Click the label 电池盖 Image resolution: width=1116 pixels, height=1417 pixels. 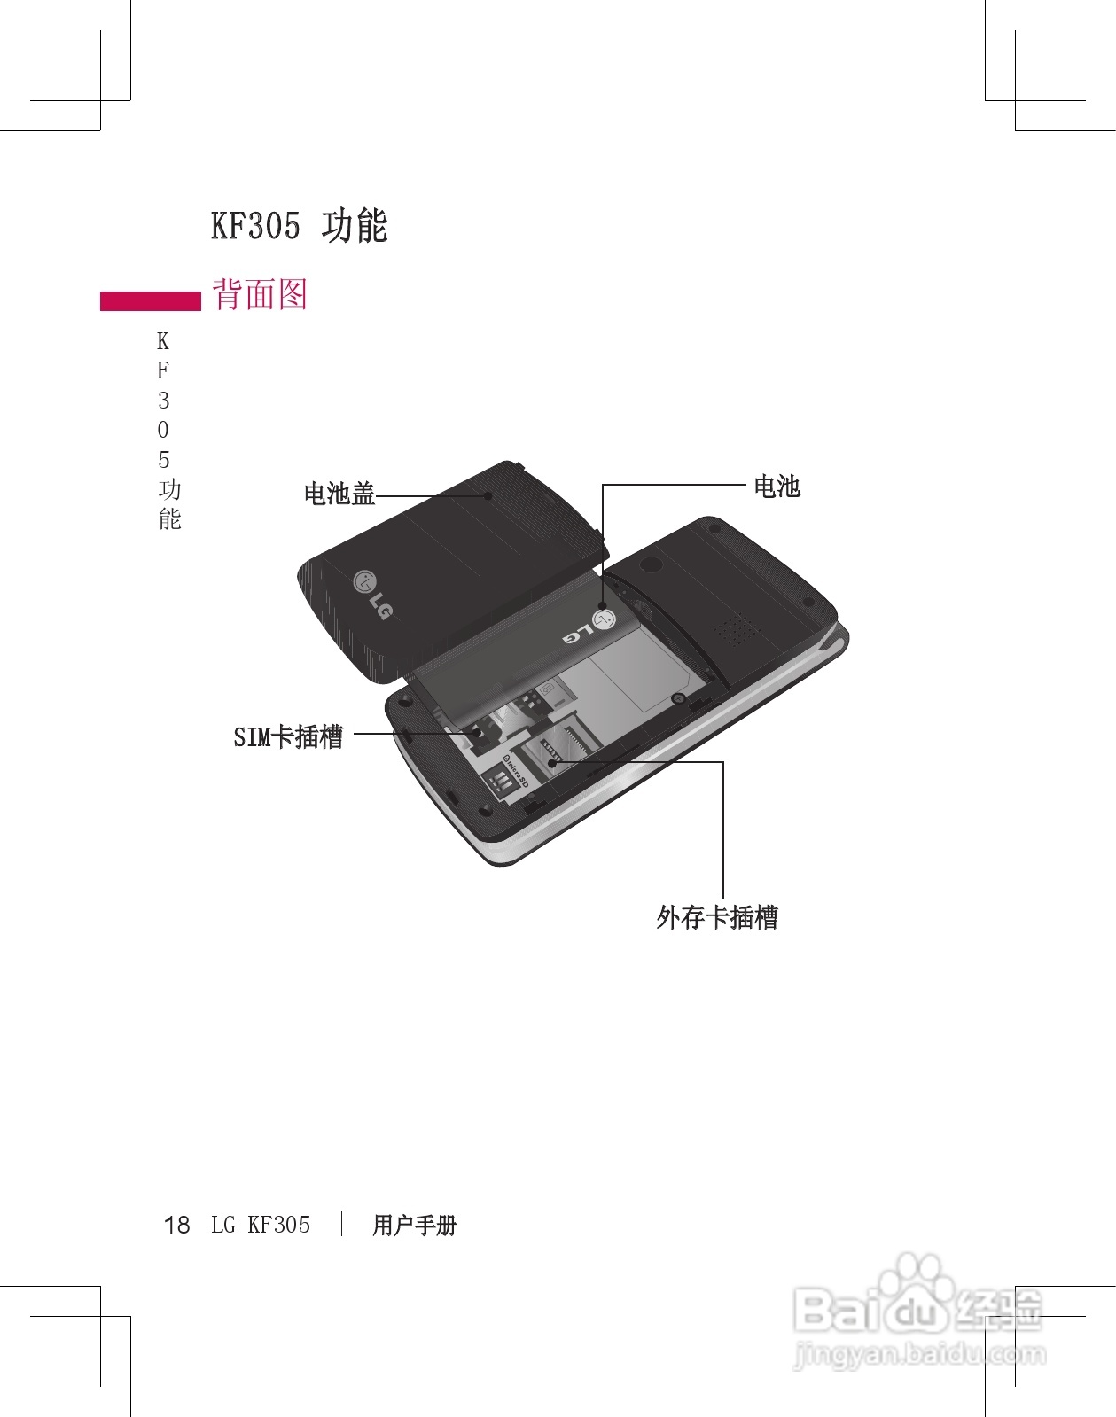pos(339,494)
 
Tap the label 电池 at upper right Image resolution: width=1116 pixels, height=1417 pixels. pos(777,487)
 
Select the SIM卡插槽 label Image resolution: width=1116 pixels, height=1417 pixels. pos(288,736)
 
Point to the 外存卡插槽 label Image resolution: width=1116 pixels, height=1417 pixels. pos(717,917)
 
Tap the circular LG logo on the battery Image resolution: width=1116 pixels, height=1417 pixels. pos(604,618)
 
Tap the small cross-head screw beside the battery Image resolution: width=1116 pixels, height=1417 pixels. pos(678,698)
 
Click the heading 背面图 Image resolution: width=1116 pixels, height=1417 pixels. pos(260,294)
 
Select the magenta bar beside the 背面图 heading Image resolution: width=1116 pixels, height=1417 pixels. pos(151,301)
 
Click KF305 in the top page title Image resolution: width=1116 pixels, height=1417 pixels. pos(255,226)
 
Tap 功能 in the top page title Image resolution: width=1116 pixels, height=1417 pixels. pos(355,226)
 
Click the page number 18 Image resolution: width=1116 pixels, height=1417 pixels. pos(177,1226)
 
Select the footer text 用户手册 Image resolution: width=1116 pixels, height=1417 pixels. pos(414,1226)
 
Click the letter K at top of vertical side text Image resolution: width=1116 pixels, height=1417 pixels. pos(163,342)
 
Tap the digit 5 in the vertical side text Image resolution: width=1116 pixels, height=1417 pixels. pos(163,460)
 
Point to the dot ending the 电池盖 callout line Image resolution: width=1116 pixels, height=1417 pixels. pos(488,495)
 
